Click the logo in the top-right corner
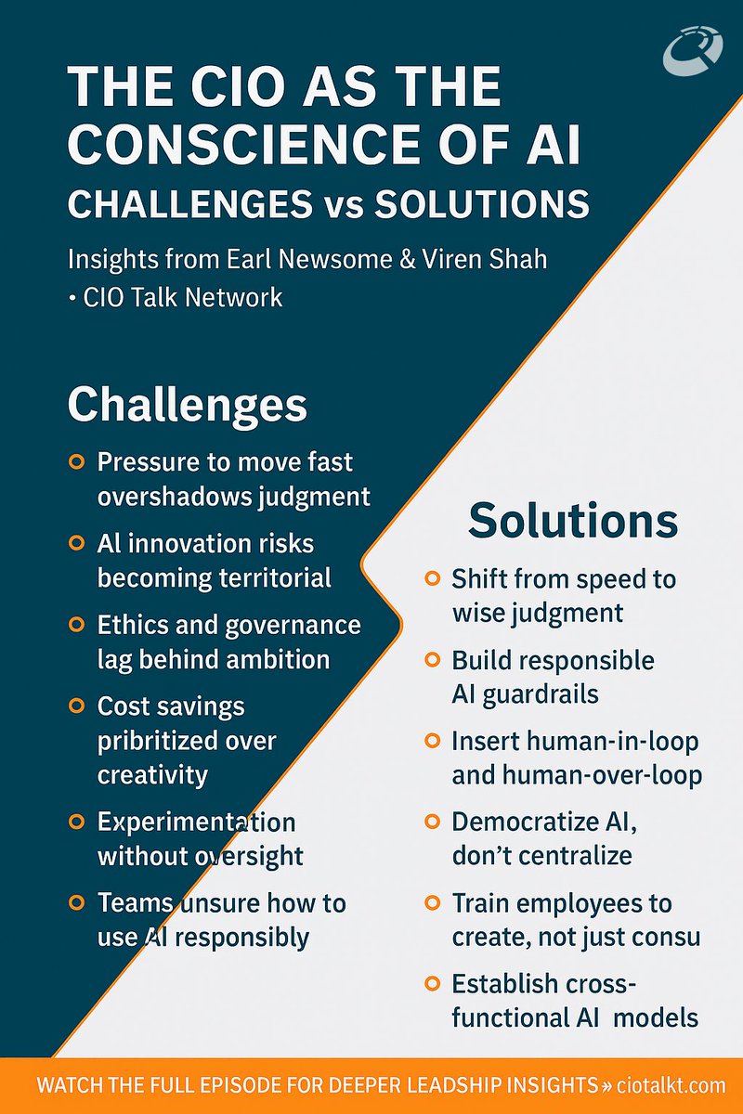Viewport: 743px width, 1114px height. [x=693, y=48]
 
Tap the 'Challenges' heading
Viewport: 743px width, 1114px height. [x=187, y=405]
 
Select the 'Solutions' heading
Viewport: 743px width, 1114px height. [x=573, y=521]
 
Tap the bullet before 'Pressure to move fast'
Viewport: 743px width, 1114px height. [x=78, y=461]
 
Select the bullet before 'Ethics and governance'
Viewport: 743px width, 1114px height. [x=78, y=625]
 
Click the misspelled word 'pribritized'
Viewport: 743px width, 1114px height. [x=159, y=740]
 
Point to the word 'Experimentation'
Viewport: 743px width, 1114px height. [x=196, y=823]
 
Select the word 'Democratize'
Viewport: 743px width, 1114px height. [x=526, y=823]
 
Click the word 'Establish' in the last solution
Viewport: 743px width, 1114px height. [x=505, y=983]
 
